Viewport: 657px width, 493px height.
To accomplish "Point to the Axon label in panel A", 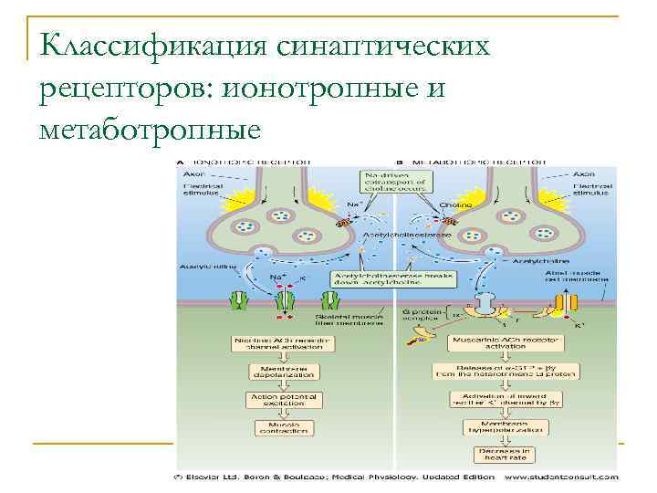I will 196,171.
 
